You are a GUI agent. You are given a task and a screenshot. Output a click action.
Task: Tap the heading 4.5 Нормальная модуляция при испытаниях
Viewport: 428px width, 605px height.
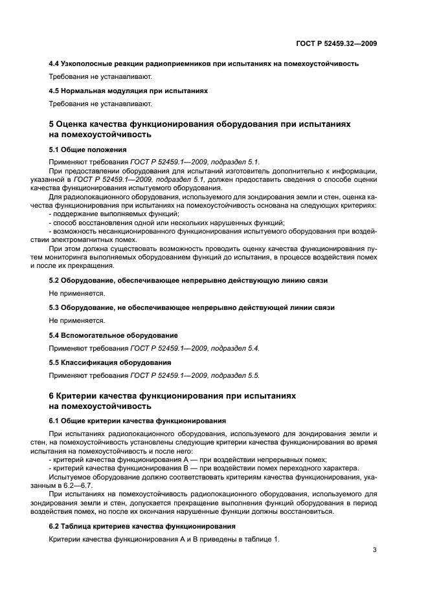point(129,91)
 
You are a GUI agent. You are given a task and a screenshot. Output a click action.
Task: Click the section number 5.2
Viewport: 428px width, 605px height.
point(54,280)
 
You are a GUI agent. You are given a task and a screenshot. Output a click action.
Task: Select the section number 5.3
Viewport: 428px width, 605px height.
point(54,307)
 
